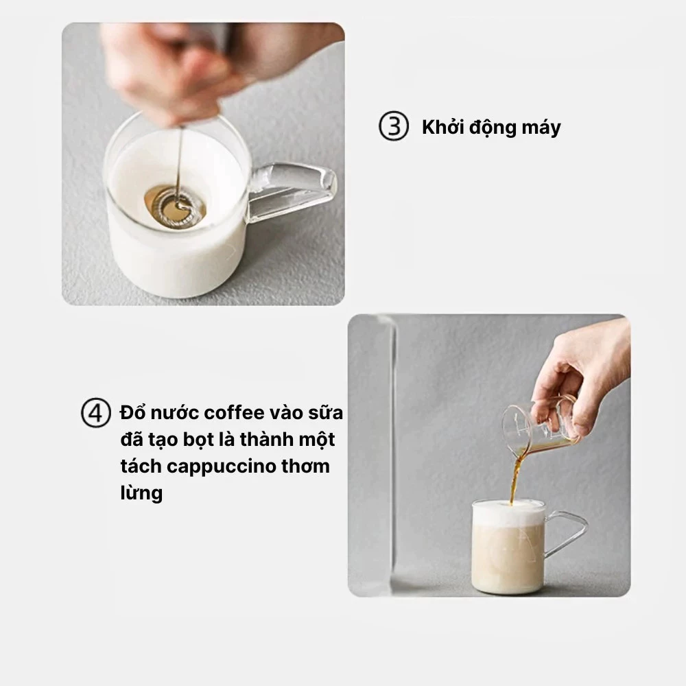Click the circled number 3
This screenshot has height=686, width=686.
pos(394,126)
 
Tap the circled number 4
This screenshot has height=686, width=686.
pos(96,412)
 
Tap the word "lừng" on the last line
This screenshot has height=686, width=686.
pos(141,493)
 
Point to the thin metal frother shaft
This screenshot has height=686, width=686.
pos(179,164)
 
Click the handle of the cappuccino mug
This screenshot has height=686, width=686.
pos(566,532)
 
